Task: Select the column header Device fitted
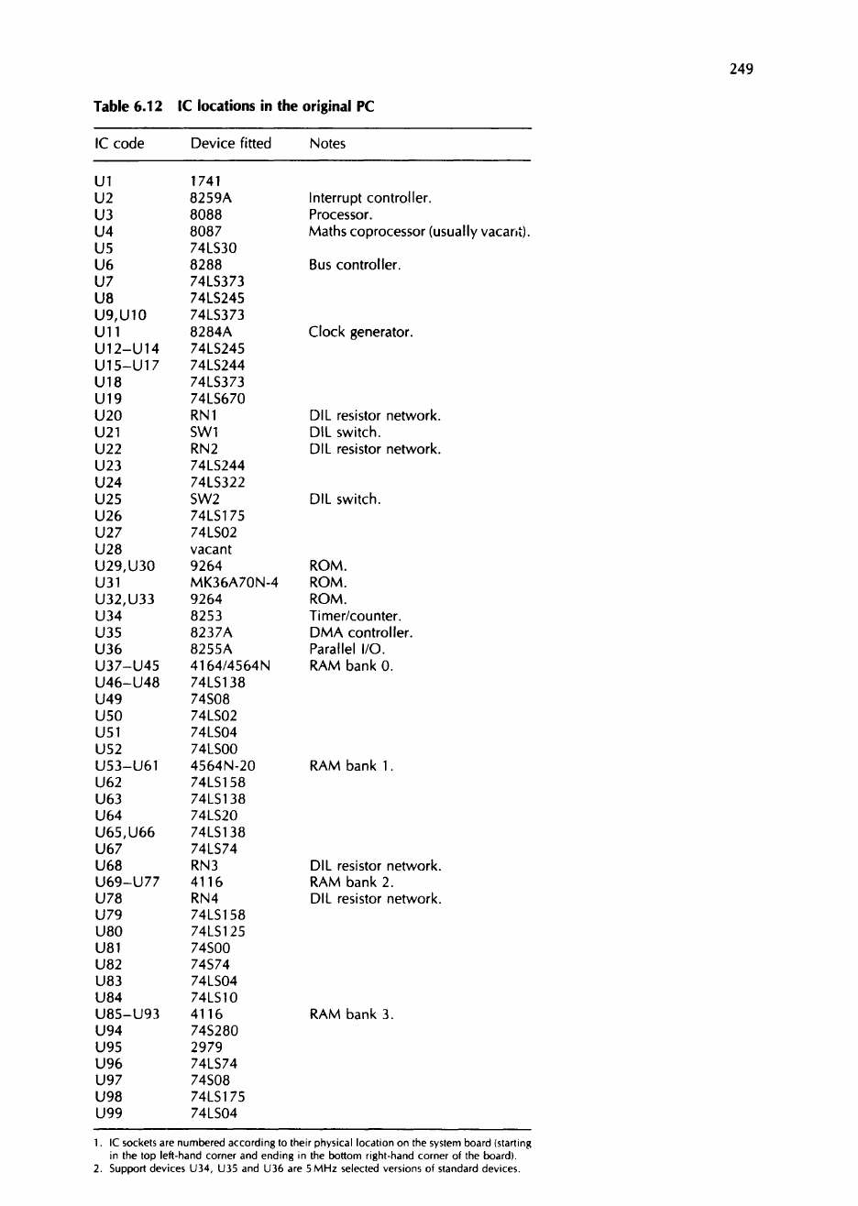tap(230, 143)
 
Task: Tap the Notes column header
tap(327, 143)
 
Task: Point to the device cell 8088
tap(205, 215)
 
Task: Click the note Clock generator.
tap(361, 332)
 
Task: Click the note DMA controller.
tap(361, 632)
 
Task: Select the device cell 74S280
tap(214, 1030)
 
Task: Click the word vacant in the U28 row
tap(211, 549)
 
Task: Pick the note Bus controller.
tap(355, 265)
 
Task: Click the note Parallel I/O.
tap(347, 649)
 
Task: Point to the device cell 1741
tap(205, 181)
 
